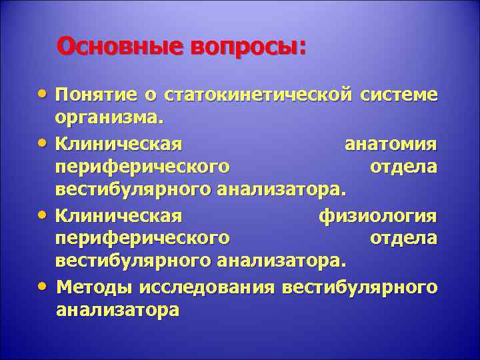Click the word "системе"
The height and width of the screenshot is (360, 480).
coord(399,95)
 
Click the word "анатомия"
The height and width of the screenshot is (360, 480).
coord(391,143)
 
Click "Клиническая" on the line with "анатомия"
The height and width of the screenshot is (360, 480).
coord(119,143)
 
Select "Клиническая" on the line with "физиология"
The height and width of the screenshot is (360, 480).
coord(119,215)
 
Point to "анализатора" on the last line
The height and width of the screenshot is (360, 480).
coord(118,311)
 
